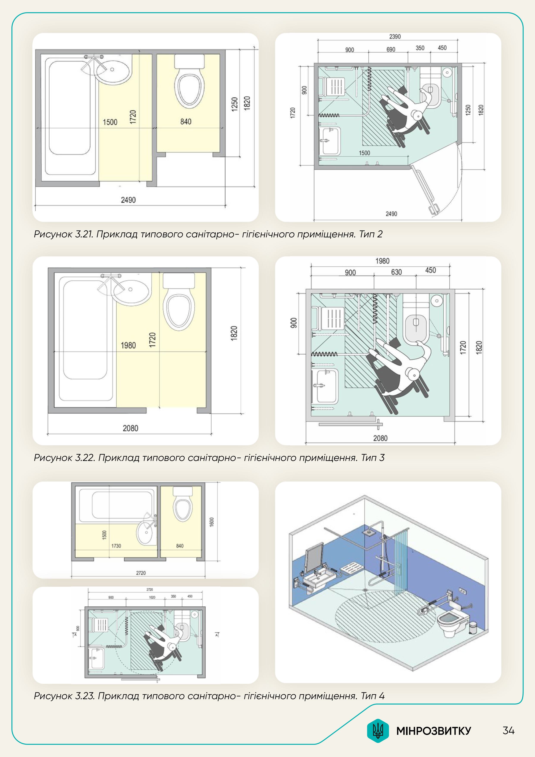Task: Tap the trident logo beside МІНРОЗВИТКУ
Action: pyautogui.click(x=378, y=731)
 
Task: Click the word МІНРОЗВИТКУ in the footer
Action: pyautogui.click(x=433, y=731)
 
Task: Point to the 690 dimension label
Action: pyautogui.click(x=391, y=49)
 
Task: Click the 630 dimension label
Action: pyautogui.click(x=396, y=272)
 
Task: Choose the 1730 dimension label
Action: pyautogui.click(x=116, y=546)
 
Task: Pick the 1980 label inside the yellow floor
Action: pyautogui.click(x=128, y=345)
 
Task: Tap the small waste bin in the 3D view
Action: pyautogui.click(x=473, y=628)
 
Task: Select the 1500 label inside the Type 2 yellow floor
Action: pyautogui.click(x=110, y=122)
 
